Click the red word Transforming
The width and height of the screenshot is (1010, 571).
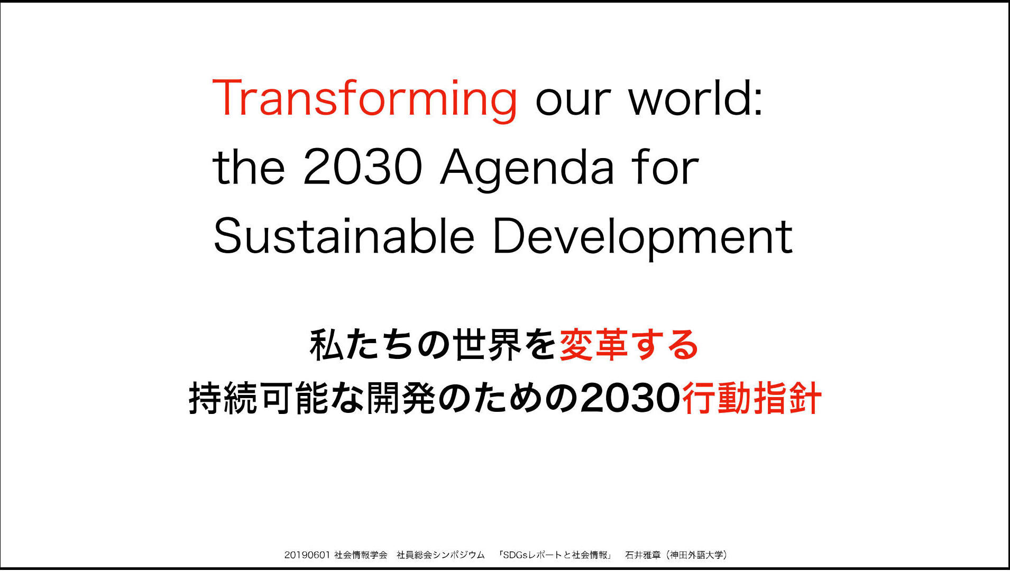(364, 99)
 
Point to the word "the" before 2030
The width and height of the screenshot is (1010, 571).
(249, 166)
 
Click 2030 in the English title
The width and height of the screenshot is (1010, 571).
(363, 167)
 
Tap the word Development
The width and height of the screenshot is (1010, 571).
(642, 238)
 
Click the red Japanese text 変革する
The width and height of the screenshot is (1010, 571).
(629, 345)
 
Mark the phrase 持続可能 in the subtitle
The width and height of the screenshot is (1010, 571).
(260, 398)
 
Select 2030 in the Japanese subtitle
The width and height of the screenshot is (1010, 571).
(630, 398)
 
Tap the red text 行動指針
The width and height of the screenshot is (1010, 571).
(752, 398)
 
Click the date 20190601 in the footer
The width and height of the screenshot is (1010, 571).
(307, 555)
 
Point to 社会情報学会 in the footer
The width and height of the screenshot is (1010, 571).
(361, 555)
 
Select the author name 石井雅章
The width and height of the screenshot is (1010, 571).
(643, 555)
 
